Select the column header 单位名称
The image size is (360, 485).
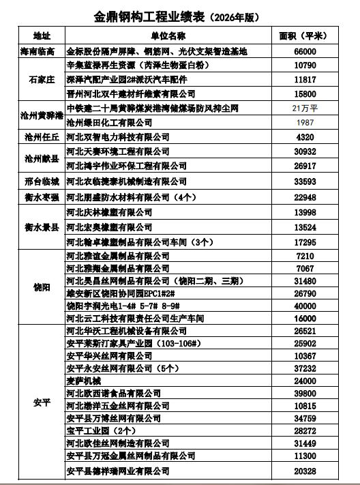169,35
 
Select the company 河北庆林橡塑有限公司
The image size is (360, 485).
109,212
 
